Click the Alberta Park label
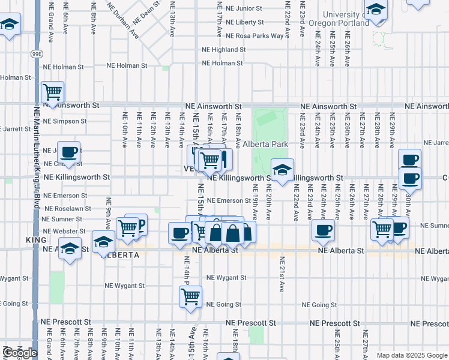point(265,145)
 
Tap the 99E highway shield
point(37,54)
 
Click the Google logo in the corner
point(19,353)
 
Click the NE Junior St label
point(241,8)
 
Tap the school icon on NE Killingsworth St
point(282,169)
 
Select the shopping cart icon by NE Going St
point(190,296)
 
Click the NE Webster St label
point(64,231)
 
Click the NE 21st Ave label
point(281,273)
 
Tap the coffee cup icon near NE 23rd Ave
point(323,230)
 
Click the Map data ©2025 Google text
point(411,355)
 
